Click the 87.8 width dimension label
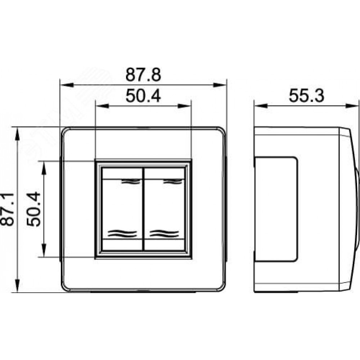tap(143, 75)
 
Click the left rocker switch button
tap(122, 209)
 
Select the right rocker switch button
tap(165, 209)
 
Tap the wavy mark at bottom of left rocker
tap(122, 234)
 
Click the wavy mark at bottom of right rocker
tap(165, 234)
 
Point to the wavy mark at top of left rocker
tap(130, 181)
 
